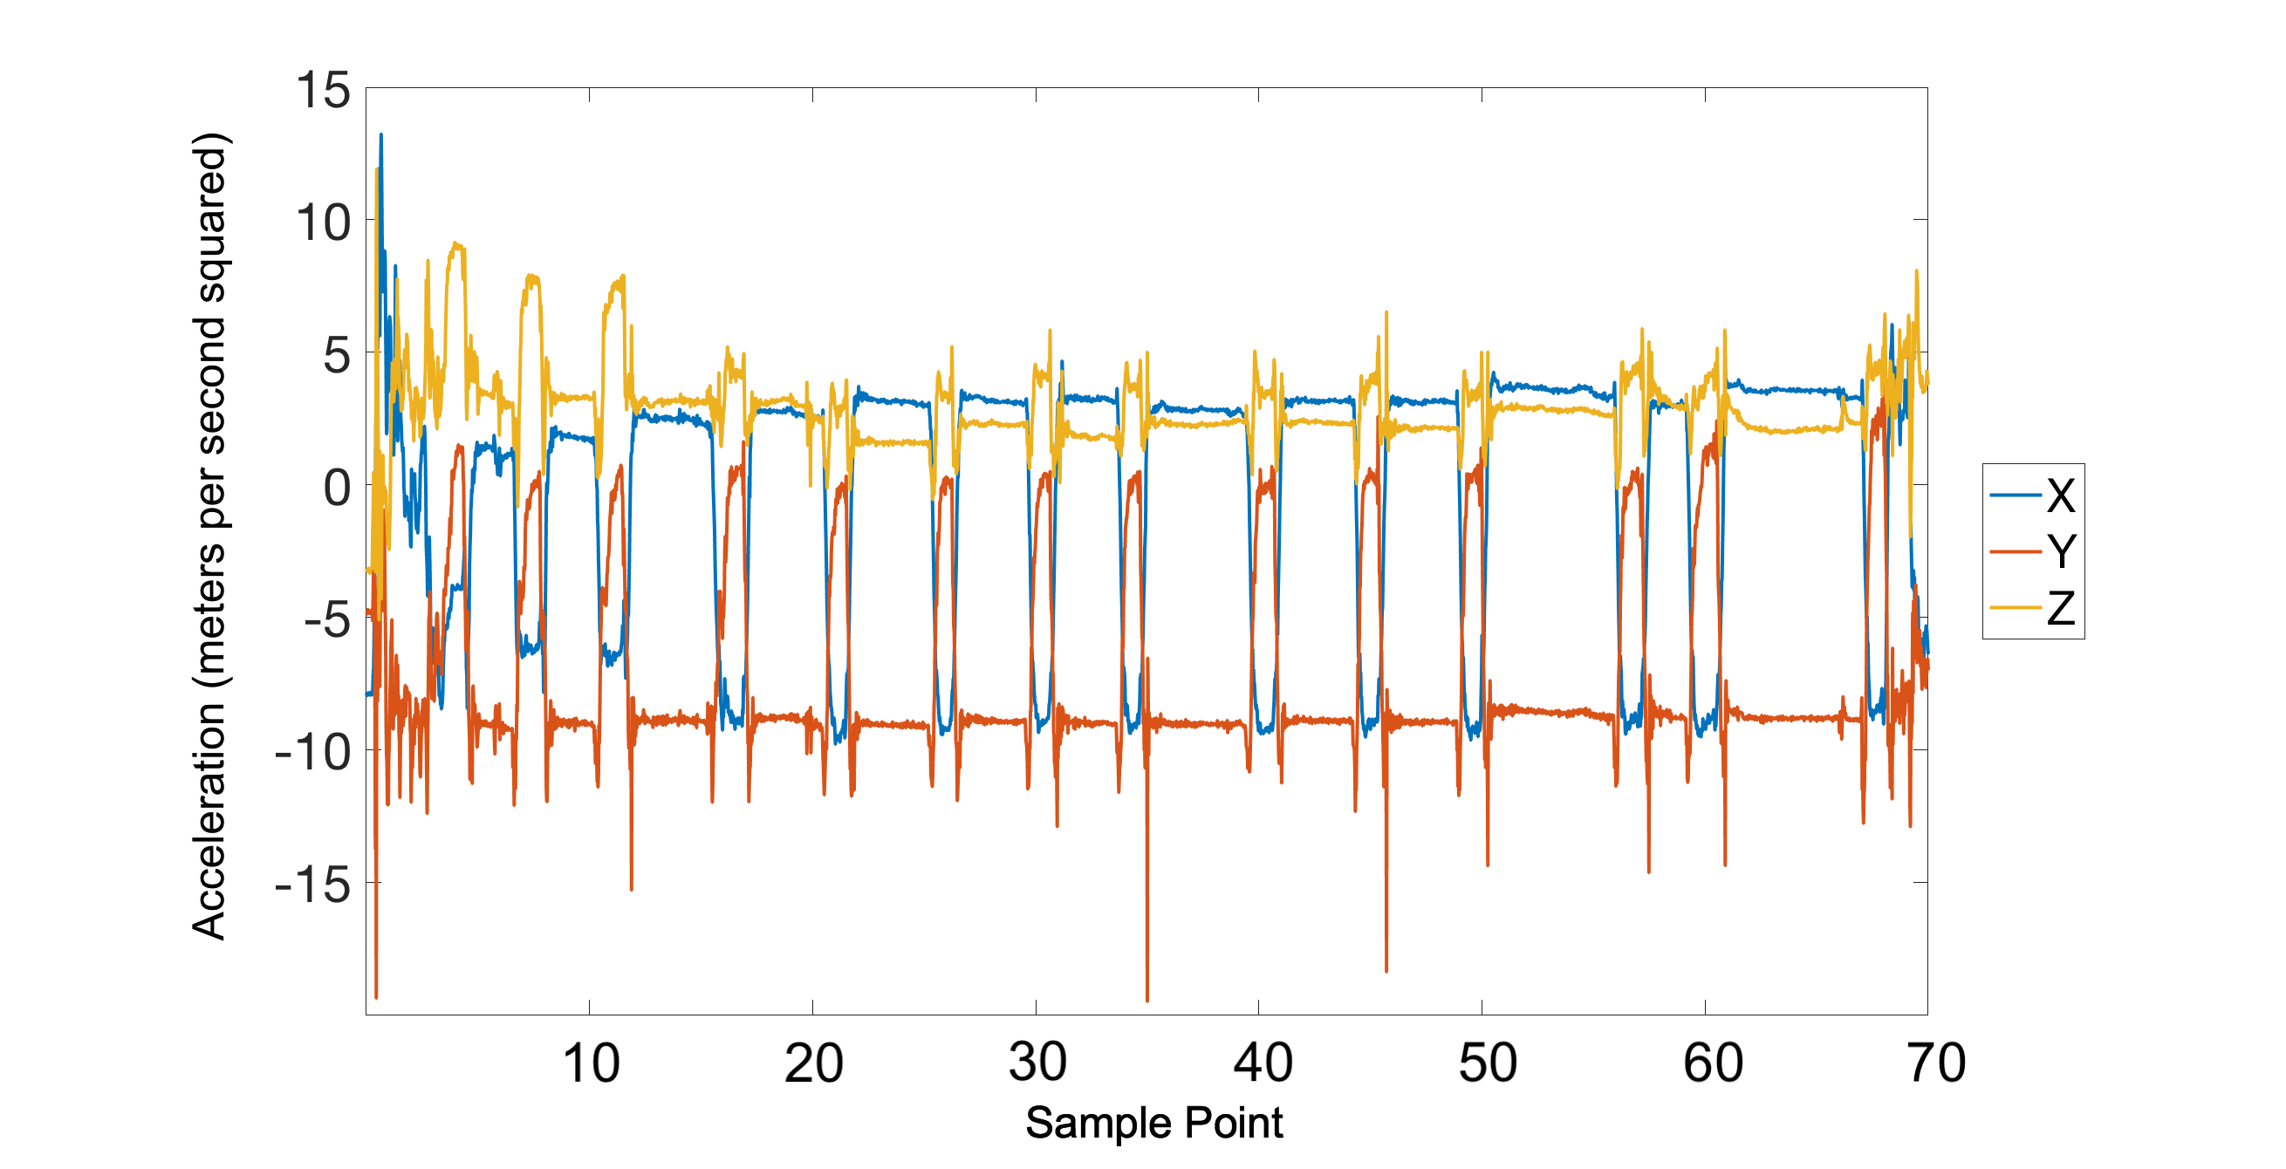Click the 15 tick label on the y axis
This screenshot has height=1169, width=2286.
pyautogui.click(x=323, y=92)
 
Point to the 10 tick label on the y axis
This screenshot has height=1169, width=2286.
pyautogui.click(x=323, y=222)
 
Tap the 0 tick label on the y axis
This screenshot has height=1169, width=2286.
pyautogui.click(x=336, y=489)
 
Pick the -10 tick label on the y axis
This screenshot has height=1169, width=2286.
pyautogui.click(x=312, y=753)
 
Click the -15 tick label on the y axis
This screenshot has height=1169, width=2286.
pyautogui.click(x=312, y=885)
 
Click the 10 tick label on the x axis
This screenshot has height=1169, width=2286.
pyautogui.click(x=591, y=1063)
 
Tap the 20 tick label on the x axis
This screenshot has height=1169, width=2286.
pyautogui.click(x=814, y=1063)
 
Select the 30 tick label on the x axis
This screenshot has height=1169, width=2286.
pyautogui.click(x=1037, y=1063)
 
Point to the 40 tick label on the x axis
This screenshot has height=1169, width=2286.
pyautogui.click(x=1262, y=1063)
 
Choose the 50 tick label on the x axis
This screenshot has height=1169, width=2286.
pyautogui.click(x=1488, y=1063)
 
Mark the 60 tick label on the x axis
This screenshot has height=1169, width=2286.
pyautogui.click(x=1713, y=1063)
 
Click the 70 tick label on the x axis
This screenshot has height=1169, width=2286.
pyautogui.click(x=1936, y=1063)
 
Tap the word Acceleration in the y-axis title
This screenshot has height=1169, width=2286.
pyautogui.click(x=209, y=820)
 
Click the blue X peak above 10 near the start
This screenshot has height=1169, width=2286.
pyautogui.click(x=381, y=135)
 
